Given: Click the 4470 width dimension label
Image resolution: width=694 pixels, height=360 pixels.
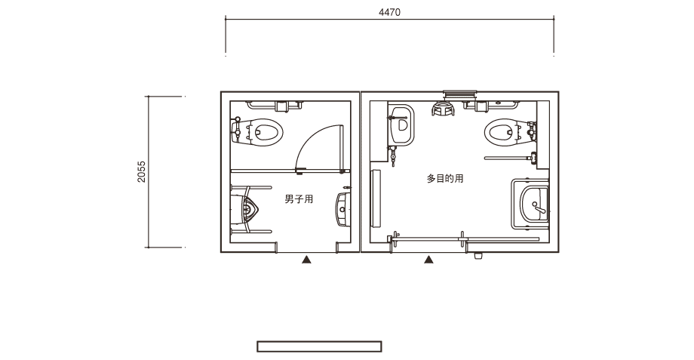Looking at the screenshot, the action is [389, 12].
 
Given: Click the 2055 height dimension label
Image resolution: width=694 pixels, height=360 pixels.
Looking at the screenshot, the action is [141, 172].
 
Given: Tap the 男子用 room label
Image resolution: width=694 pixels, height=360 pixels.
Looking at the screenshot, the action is [299, 199].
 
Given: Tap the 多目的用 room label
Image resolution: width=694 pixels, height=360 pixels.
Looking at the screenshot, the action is [445, 178].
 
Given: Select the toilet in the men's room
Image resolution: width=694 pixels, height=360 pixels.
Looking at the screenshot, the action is [257, 131].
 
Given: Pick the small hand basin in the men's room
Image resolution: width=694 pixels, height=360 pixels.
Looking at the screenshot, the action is [343, 210].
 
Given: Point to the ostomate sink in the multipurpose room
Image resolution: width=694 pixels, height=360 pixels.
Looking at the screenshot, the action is [401, 125].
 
